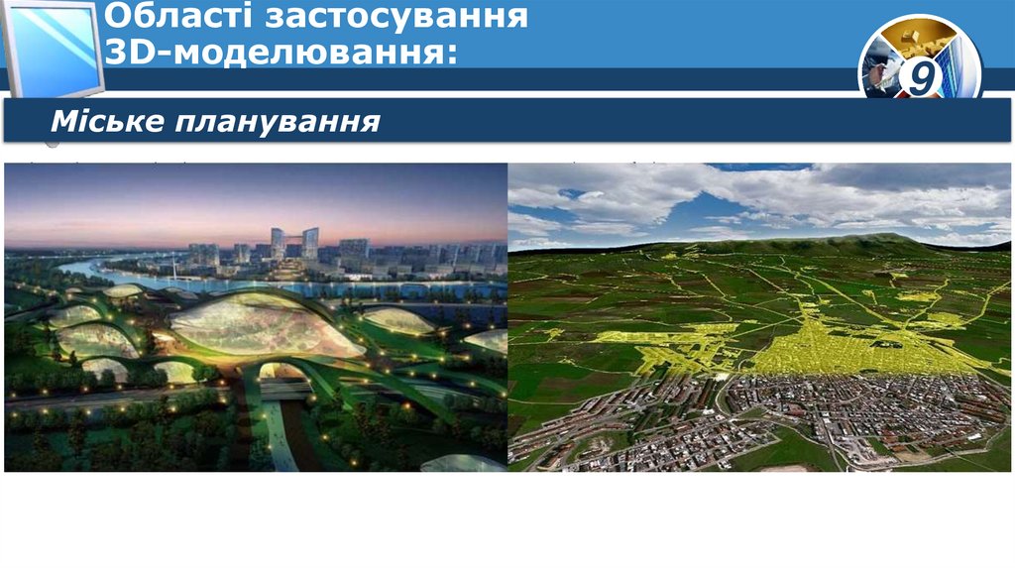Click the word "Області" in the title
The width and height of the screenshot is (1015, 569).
pos(164,17)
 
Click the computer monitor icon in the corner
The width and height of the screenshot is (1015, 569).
pos(55,45)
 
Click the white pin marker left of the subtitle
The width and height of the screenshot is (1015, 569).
pos(52,146)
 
